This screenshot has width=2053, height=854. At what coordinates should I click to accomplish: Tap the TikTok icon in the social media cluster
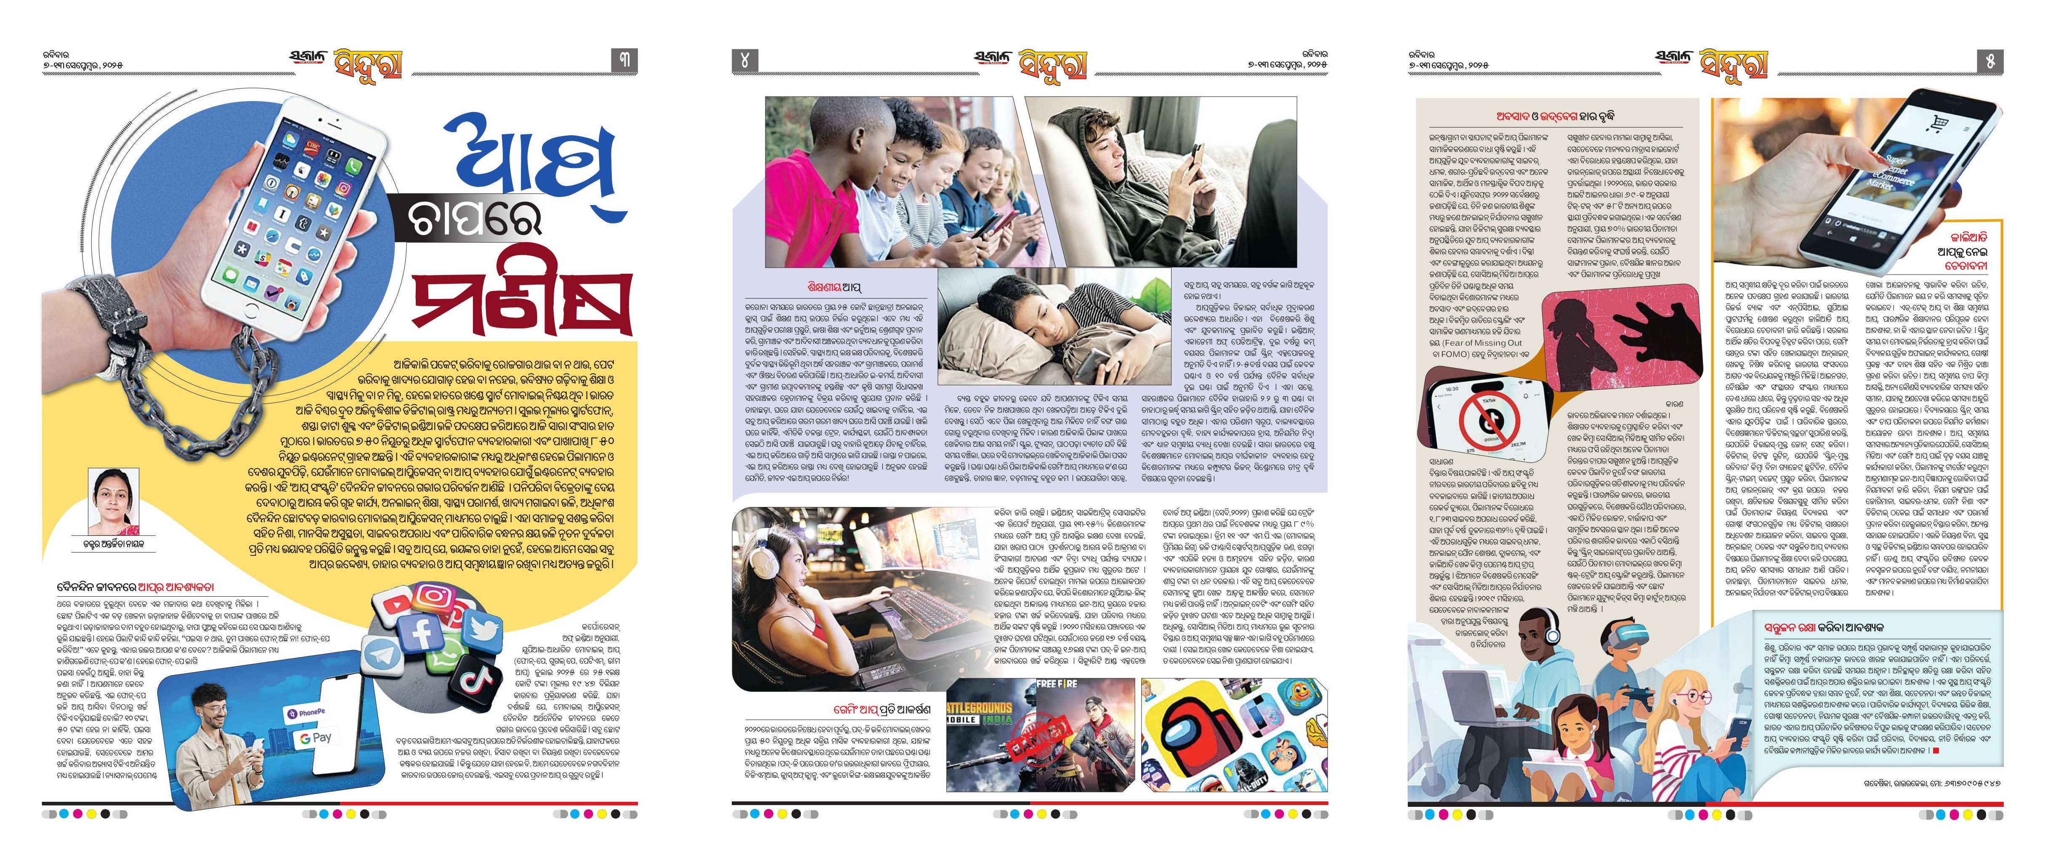pos(476,679)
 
